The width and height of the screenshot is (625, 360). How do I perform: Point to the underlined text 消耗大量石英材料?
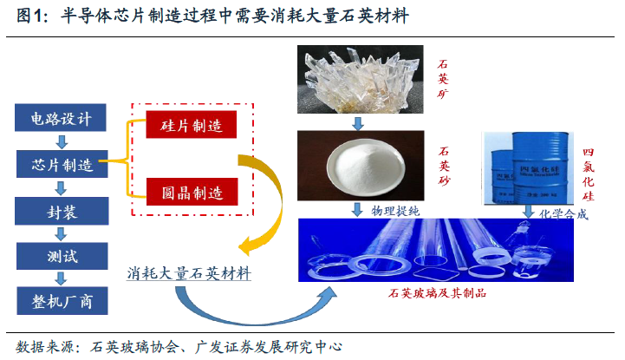(188, 273)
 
